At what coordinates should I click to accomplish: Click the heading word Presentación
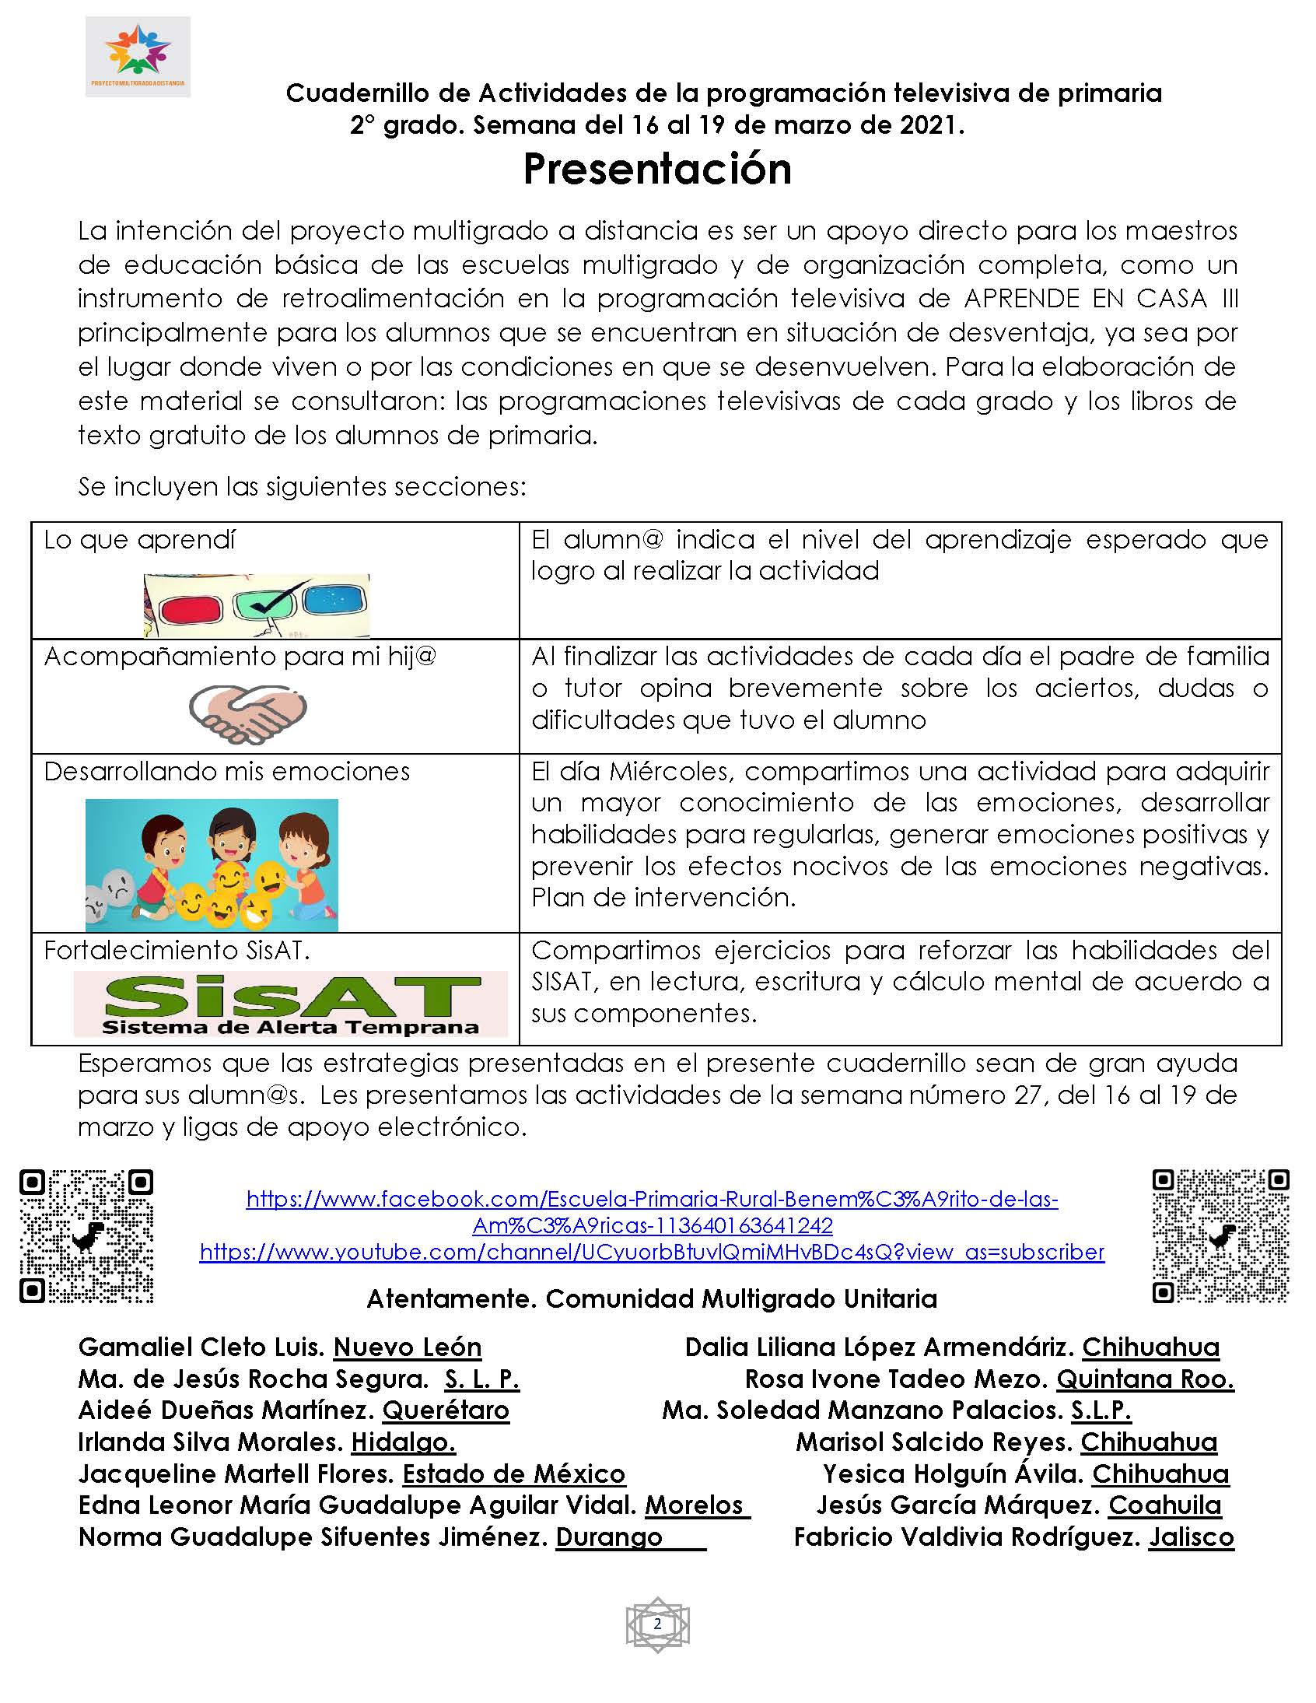coord(657,168)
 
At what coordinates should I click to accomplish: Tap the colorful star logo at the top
coord(138,53)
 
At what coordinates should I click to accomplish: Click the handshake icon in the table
coord(248,713)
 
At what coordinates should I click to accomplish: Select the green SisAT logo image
coord(290,1004)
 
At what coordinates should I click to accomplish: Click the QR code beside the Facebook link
coord(86,1236)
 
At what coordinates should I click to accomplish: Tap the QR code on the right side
coord(1220,1236)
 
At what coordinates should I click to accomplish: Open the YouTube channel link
coord(652,1253)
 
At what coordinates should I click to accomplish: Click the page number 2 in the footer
coord(657,1624)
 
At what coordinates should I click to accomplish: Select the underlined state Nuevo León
coord(407,1347)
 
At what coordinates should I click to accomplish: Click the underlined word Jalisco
coord(1191,1537)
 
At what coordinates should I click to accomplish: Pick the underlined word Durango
coord(609,1537)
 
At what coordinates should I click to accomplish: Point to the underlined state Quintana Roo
coord(1144,1379)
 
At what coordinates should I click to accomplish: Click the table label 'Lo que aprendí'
coord(139,540)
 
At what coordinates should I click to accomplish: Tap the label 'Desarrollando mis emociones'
coord(227,771)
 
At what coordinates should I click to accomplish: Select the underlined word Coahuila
coord(1165,1505)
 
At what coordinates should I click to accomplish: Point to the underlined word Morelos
coord(694,1505)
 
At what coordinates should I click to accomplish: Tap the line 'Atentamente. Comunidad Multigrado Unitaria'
coord(652,1299)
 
